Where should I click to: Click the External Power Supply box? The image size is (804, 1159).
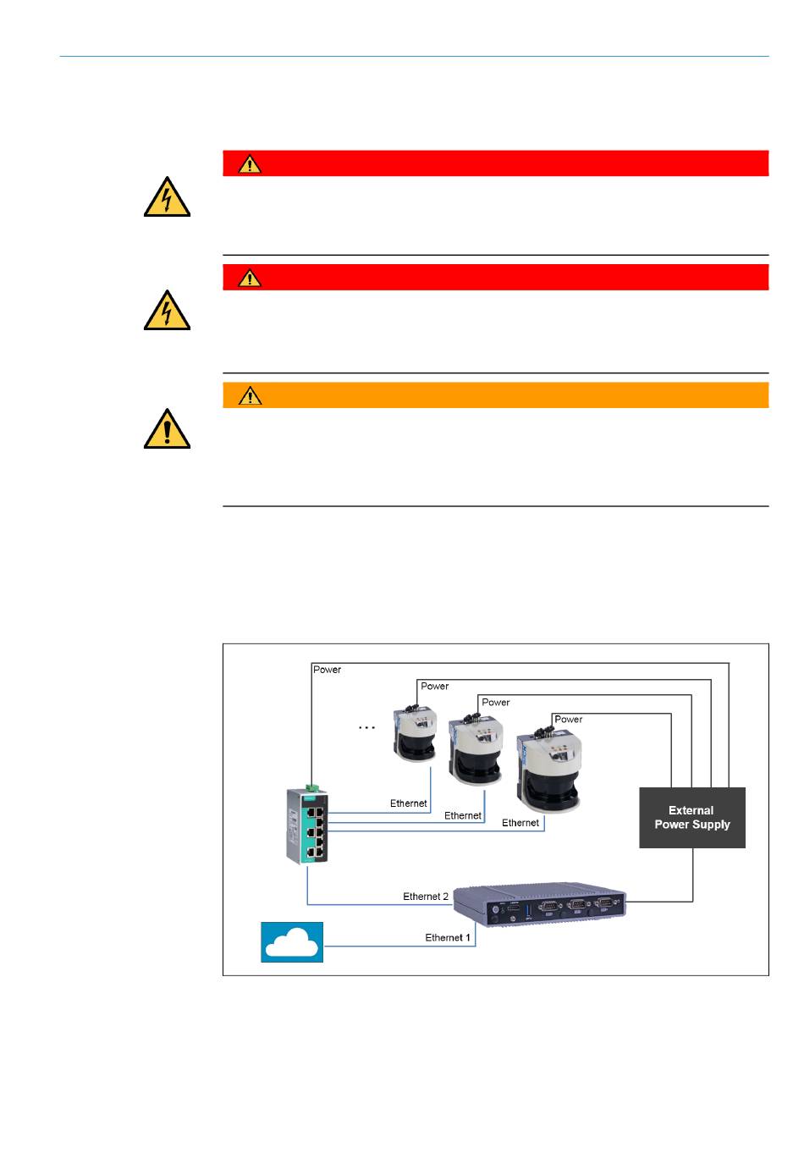tap(691, 818)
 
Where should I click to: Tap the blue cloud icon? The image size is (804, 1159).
tap(292, 942)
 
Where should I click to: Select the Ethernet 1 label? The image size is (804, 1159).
tap(448, 937)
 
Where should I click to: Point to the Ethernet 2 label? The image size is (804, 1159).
tap(426, 897)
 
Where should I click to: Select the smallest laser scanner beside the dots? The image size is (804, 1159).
tap(415, 732)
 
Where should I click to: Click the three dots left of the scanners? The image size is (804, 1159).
tap(366, 727)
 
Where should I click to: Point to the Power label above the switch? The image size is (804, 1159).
tap(327, 670)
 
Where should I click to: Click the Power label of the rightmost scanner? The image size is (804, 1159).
tap(568, 720)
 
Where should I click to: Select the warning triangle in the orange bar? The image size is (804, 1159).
tap(250, 396)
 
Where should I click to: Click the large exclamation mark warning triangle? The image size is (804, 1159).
tap(167, 429)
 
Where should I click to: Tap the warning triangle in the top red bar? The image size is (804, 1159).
tap(250, 164)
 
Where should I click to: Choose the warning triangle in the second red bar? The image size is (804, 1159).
tap(250, 278)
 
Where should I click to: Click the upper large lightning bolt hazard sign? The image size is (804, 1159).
tap(167, 197)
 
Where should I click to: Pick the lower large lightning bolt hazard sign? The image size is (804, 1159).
tap(167, 311)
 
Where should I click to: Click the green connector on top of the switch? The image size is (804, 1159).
tap(312, 787)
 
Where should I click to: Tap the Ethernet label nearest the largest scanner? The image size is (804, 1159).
tap(520, 823)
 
